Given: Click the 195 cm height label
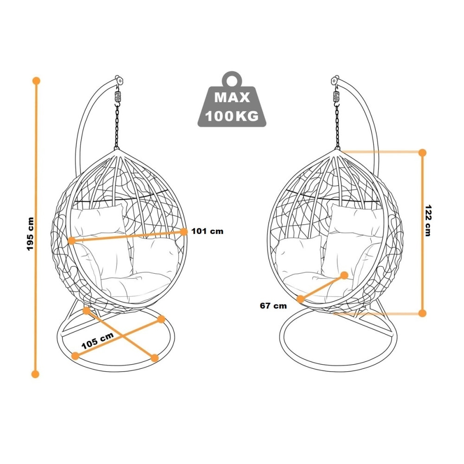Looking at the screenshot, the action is tap(31, 234).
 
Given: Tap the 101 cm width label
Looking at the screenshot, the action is tap(207, 231).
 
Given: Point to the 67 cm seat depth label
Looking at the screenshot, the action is tap(273, 306).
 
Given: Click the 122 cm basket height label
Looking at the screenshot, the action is tap(428, 220).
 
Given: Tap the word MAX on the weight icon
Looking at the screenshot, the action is tap(232, 97).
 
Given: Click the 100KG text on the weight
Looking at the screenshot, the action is tap(232, 116).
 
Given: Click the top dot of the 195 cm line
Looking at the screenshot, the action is tap(36, 81).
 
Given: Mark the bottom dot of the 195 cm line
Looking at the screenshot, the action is tap(35, 374).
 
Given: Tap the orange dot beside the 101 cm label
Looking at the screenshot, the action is tap(184, 232).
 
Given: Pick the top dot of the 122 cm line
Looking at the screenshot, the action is tap(422, 153).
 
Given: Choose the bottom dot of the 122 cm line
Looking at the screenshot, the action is tap(422, 313).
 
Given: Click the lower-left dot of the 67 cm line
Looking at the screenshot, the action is tap(300, 299).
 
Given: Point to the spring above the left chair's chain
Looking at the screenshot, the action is tap(118, 96).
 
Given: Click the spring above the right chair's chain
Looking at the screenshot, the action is tap(336, 96).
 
